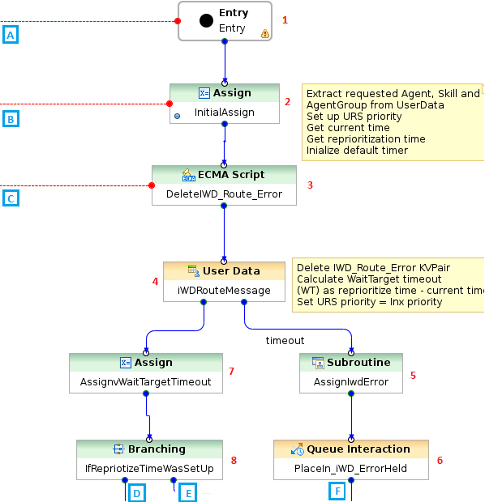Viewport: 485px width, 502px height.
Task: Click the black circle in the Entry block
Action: click(x=206, y=21)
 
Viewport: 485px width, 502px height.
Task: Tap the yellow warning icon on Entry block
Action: click(x=265, y=34)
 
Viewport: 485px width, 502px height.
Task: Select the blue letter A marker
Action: click(x=11, y=35)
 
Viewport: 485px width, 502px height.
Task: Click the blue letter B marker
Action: click(x=11, y=119)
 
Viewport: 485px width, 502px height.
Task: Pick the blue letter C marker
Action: click(x=11, y=198)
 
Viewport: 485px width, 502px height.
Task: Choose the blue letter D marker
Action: click(x=137, y=493)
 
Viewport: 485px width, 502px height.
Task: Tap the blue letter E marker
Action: click(x=188, y=493)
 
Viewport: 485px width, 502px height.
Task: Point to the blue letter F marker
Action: click(x=337, y=491)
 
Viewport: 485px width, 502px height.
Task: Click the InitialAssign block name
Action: click(x=224, y=113)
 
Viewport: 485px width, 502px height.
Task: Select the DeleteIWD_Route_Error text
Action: click(x=224, y=194)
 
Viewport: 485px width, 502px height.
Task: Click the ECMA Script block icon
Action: click(x=189, y=175)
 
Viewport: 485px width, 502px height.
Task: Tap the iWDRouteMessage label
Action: click(x=224, y=291)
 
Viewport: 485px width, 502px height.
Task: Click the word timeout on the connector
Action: click(x=285, y=341)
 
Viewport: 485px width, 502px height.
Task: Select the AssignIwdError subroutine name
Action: click(x=351, y=382)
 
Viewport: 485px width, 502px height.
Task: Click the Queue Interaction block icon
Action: click(x=298, y=449)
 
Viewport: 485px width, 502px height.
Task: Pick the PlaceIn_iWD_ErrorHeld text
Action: click(x=350, y=469)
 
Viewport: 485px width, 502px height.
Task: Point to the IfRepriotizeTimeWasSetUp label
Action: click(x=149, y=469)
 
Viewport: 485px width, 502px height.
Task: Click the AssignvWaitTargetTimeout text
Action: click(x=146, y=382)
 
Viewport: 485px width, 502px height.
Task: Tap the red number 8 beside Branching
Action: click(x=234, y=461)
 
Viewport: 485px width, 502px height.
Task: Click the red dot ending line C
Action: click(x=152, y=185)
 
